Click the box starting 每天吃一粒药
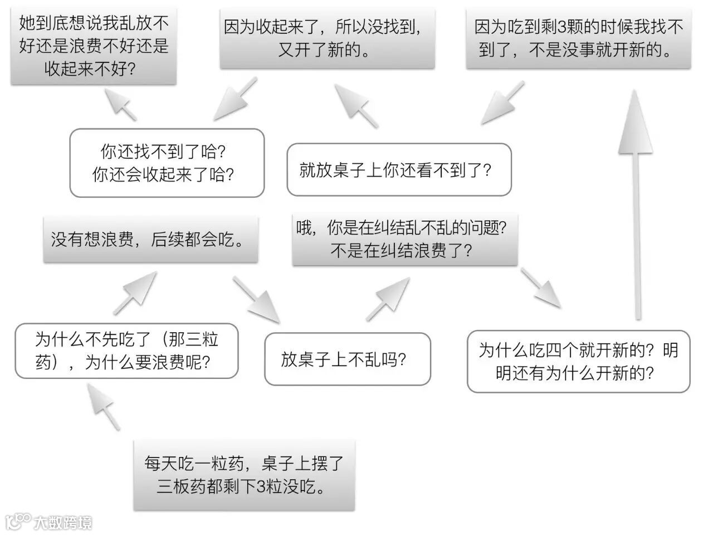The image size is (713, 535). [244, 475]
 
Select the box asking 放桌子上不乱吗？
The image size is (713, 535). [347, 359]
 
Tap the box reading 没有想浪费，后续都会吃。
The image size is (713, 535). [150, 240]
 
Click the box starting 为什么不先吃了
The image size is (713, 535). [126, 351]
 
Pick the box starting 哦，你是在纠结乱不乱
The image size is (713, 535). [404, 240]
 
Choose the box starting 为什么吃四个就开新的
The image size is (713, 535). [578, 361]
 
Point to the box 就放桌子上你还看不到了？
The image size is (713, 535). [399, 170]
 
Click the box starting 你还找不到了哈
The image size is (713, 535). [167, 163]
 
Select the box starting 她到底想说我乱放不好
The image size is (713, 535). [94, 46]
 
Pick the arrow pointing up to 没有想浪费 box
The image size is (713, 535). [135, 293]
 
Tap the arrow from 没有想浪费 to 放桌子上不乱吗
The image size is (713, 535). [256, 300]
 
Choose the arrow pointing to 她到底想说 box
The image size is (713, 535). [120, 104]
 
